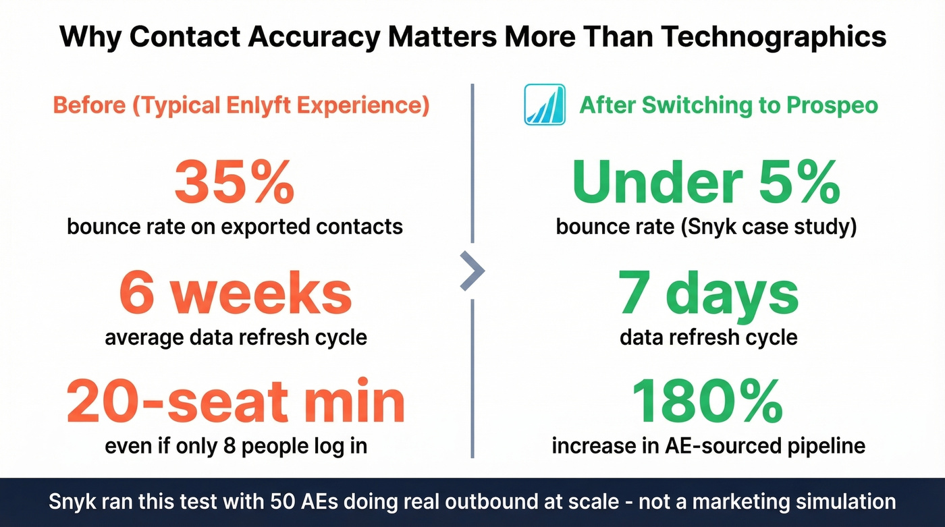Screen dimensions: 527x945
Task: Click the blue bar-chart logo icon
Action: (544, 105)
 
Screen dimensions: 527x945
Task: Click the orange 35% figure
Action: (234, 183)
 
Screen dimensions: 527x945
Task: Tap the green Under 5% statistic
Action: (706, 183)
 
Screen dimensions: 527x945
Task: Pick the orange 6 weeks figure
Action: (236, 294)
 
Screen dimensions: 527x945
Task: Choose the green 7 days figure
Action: (708, 294)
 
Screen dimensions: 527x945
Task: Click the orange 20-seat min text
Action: (236, 403)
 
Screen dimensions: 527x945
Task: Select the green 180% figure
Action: (707, 403)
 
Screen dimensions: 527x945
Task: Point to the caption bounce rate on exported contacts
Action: (235, 226)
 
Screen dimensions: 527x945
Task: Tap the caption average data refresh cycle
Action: (236, 336)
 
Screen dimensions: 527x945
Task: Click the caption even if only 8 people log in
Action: (236, 446)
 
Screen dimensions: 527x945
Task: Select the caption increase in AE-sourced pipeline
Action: (708, 446)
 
